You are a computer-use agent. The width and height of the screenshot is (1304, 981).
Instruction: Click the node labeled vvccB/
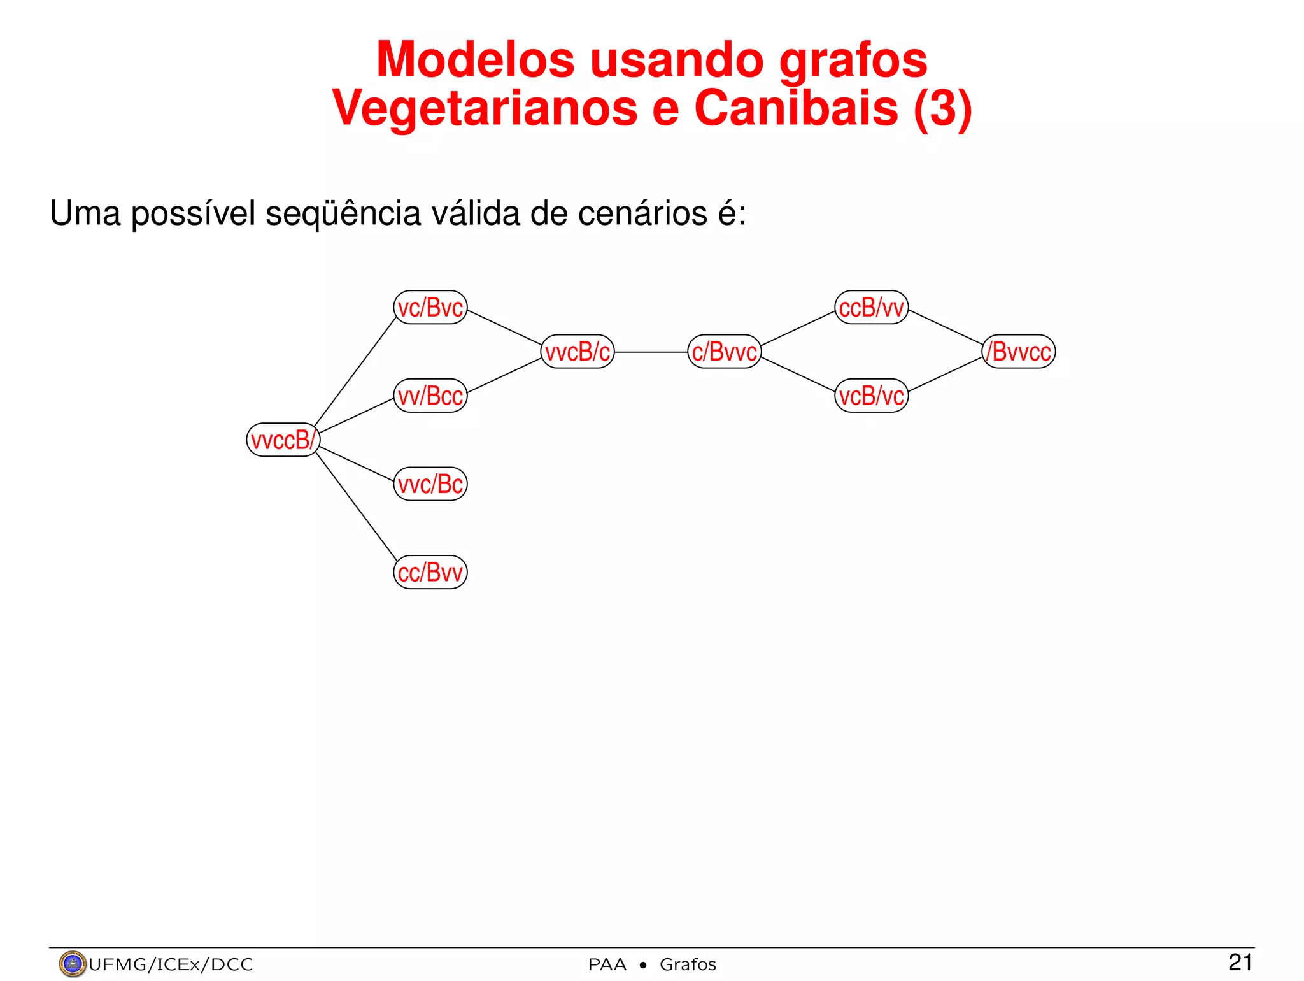click(x=283, y=440)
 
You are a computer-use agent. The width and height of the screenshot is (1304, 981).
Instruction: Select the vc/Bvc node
click(x=430, y=308)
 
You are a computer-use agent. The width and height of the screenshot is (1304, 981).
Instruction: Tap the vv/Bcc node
click(x=430, y=396)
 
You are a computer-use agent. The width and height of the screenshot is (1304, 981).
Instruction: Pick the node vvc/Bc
click(x=430, y=484)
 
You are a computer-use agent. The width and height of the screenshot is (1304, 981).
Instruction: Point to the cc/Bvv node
click(x=430, y=572)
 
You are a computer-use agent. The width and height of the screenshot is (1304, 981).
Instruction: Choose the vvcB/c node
click(x=578, y=352)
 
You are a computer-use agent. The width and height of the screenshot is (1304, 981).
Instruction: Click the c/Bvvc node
click(x=725, y=352)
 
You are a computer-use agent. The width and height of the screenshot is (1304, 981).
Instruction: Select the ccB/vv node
click(x=872, y=308)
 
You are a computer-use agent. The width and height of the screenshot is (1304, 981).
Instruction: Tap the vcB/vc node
click(x=872, y=396)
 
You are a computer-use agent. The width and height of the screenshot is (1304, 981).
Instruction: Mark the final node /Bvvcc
click(x=1019, y=352)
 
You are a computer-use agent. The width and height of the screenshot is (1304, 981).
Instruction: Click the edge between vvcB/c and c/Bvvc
click(x=651, y=352)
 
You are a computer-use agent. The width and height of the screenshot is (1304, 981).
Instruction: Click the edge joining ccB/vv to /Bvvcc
click(x=946, y=328)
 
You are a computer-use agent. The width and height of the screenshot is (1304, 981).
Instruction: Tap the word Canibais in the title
click(x=796, y=108)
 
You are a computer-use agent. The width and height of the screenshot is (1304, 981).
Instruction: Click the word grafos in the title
click(x=853, y=61)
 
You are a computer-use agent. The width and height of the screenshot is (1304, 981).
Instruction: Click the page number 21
click(x=1240, y=962)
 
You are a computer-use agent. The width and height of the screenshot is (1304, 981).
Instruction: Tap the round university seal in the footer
click(x=72, y=964)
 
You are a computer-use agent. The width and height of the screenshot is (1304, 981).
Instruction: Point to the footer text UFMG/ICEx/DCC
click(x=171, y=964)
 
